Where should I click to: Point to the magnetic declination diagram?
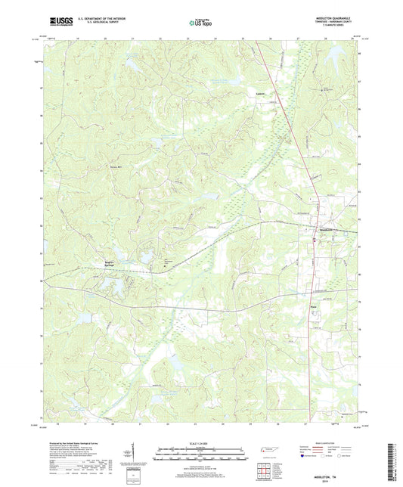135,454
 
